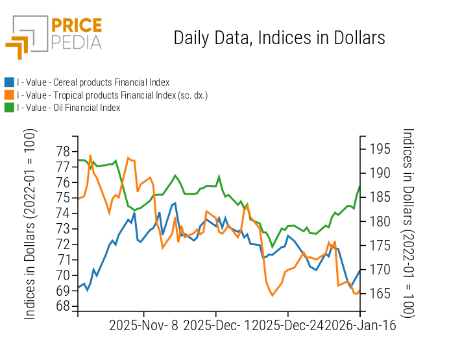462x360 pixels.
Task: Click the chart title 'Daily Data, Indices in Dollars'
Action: click(x=279, y=38)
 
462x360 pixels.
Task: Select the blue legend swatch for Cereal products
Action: click(x=9, y=82)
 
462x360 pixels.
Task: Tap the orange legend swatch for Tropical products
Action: click(x=9, y=95)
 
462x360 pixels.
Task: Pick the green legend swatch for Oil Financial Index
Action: click(x=9, y=108)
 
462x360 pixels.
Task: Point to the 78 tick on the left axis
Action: click(x=63, y=152)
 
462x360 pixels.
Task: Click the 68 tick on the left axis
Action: click(x=63, y=306)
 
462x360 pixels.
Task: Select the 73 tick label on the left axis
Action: click(x=63, y=229)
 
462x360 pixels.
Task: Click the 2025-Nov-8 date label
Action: click(x=143, y=326)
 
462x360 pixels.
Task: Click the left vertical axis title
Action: click(x=30, y=224)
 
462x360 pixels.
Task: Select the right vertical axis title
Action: click(x=409, y=224)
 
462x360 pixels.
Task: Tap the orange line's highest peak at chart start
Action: click(x=90, y=156)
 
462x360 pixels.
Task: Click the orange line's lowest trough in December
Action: click(x=273, y=296)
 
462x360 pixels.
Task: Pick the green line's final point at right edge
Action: click(x=359, y=187)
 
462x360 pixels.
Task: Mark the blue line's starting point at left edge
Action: click(x=78, y=288)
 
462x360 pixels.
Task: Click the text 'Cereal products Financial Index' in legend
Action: click(x=111, y=82)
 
